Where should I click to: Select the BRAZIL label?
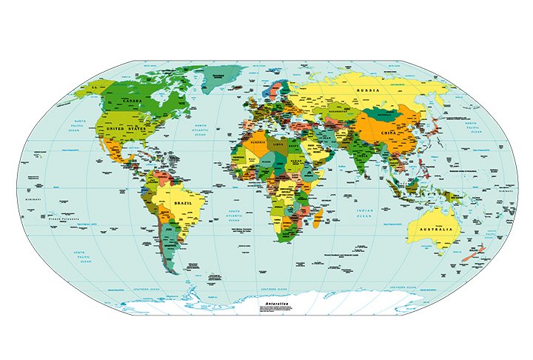(x=182, y=201)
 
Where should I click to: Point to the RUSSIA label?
(x=368, y=90)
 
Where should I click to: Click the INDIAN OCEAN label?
(x=363, y=213)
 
